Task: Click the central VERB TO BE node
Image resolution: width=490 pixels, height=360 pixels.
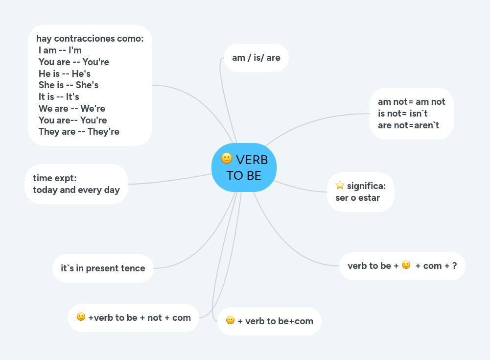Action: click(244, 168)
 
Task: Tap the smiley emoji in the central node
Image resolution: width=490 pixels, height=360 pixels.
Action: click(227, 158)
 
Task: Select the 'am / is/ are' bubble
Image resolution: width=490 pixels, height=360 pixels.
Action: click(256, 58)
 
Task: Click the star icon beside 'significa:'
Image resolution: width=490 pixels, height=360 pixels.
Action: click(340, 185)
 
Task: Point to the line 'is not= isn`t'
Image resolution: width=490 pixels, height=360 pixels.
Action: click(403, 114)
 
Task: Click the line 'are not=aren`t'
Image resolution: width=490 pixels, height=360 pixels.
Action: click(409, 125)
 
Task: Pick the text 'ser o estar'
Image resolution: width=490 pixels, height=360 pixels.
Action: click(357, 198)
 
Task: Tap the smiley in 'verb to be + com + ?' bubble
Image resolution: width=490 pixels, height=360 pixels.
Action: click(406, 265)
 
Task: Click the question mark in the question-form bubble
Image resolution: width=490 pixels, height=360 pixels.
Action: click(454, 266)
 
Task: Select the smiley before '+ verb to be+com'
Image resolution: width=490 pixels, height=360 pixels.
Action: click(230, 320)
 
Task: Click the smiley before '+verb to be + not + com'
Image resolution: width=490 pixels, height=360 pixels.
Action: click(81, 317)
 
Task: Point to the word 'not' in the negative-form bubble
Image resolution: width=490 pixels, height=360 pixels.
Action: click(155, 317)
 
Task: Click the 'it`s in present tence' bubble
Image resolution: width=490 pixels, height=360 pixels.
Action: click(103, 268)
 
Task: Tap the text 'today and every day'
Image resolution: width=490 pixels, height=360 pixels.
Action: click(76, 190)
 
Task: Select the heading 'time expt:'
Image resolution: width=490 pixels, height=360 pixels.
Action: click(55, 178)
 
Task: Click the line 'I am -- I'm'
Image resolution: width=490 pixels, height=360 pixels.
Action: click(60, 50)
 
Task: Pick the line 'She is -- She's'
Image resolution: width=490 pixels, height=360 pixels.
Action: click(69, 85)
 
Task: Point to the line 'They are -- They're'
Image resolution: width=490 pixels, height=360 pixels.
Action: click(79, 131)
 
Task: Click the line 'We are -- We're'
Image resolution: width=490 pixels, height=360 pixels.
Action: click(72, 108)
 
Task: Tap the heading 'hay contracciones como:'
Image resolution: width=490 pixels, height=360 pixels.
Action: click(90, 38)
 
